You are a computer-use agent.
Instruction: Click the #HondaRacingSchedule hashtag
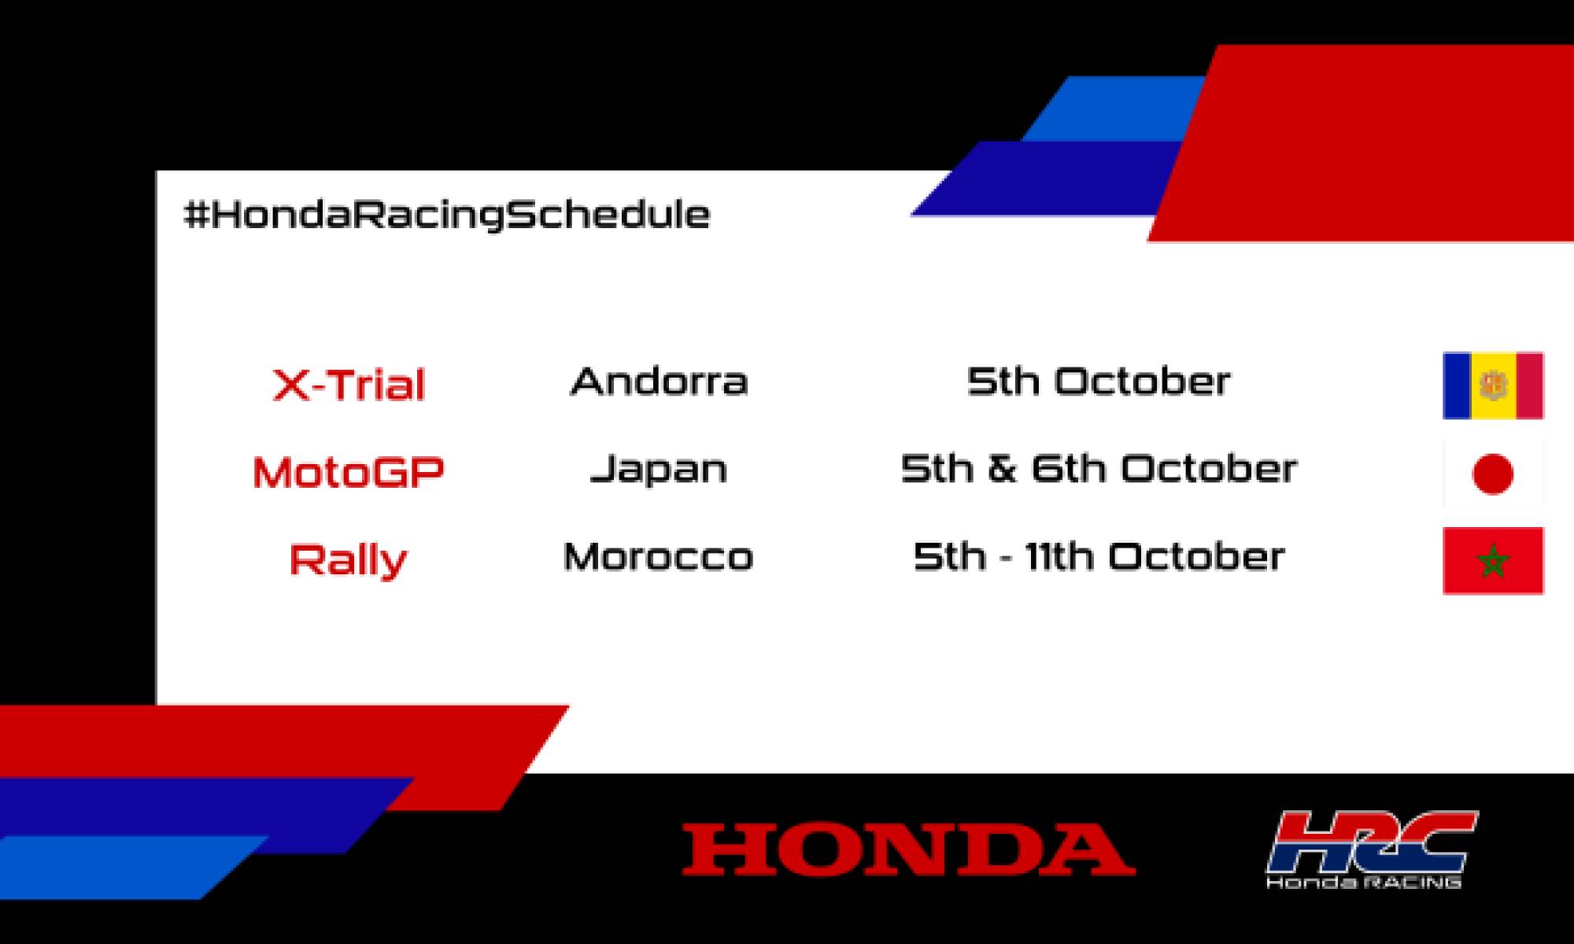click(446, 215)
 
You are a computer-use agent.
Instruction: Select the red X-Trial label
click(349, 385)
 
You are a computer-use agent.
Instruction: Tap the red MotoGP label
click(349, 472)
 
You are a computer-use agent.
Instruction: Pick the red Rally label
click(349, 560)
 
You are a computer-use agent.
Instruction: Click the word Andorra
click(659, 382)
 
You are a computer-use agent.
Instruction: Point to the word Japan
click(659, 470)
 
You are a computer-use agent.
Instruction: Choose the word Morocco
click(659, 557)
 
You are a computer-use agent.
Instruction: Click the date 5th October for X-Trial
click(1098, 382)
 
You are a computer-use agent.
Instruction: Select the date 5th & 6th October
click(1098, 470)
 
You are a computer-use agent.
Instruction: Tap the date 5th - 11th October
click(1098, 557)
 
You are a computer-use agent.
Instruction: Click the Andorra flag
click(1493, 385)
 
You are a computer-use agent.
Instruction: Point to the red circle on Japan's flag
click(1492, 474)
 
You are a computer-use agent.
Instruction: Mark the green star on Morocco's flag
click(1493, 562)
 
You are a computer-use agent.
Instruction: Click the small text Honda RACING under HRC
click(1364, 883)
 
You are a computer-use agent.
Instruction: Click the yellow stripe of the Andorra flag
click(1493, 385)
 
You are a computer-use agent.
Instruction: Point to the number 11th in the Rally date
click(1059, 557)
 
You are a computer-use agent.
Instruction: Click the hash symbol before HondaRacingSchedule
click(195, 215)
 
